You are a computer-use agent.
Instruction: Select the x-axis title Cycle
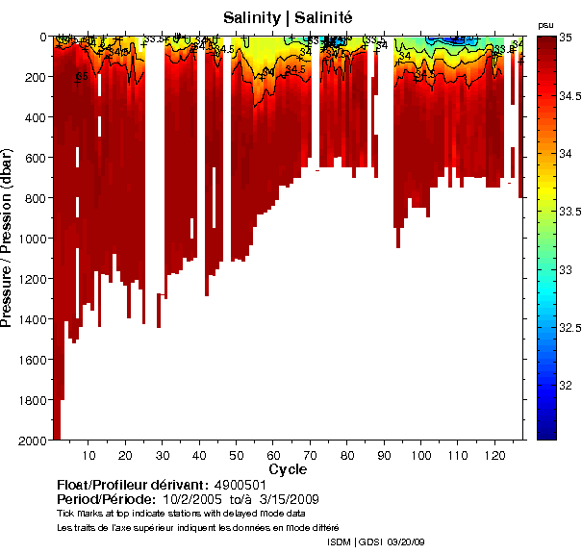[x=288, y=469]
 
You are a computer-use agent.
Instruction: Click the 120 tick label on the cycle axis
[x=495, y=455]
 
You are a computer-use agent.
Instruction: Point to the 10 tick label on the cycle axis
[x=89, y=455]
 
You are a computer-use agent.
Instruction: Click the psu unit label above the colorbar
[x=545, y=24]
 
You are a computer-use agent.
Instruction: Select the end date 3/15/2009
[x=288, y=500]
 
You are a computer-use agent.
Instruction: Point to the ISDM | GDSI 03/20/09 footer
[x=376, y=542]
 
